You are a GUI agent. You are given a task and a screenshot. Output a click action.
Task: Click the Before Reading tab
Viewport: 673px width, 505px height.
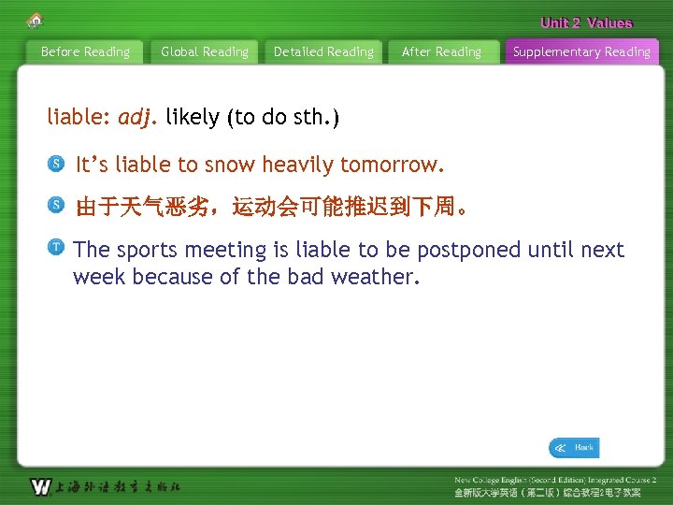click(x=85, y=52)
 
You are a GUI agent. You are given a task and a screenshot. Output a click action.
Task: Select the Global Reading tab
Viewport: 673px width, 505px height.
click(x=205, y=52)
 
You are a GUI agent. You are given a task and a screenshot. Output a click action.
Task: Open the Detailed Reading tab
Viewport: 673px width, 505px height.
click(x=323, y=52)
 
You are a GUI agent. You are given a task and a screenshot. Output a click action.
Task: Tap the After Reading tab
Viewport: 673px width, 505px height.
click(x=441, y=52)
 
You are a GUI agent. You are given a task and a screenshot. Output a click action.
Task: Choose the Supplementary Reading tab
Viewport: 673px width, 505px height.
click(x=581, y=52)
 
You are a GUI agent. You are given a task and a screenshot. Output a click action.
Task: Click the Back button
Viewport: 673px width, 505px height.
click(x=574, y=448)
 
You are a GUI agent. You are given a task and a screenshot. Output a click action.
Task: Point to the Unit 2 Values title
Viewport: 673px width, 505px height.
click(x=586, y=23)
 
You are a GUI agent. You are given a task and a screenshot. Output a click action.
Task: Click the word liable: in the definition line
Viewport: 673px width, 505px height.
click(x=79, y=118)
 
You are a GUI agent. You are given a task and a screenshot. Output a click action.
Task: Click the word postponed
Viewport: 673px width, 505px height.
click(x=469, y=250)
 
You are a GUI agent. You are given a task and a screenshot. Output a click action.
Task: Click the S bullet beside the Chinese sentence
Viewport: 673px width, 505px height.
click(x=56, y=205)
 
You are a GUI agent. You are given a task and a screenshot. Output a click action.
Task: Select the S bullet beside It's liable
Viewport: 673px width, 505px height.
click(x=56, y=165)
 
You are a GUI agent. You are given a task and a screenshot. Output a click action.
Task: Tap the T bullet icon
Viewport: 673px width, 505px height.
click(x=56, y=247)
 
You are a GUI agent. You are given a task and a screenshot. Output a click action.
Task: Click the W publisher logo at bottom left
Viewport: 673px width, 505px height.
click(x=40, y=486)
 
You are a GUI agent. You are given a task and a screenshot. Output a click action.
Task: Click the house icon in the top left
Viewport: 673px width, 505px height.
click(x=35, y=20)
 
